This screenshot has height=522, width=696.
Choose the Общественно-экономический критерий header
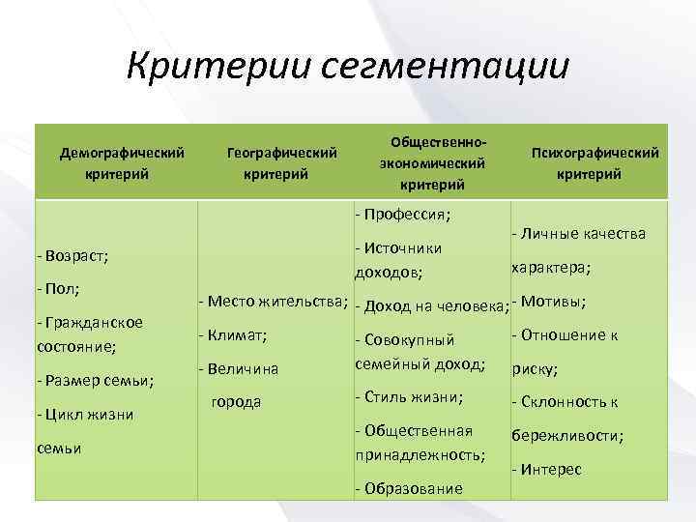coord(432,162)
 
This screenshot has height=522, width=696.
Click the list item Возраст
coord(72,256)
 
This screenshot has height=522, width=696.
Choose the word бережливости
coord(567,436)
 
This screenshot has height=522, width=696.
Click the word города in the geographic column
coord(237,401)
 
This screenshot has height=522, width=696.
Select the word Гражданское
coord(92,322)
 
